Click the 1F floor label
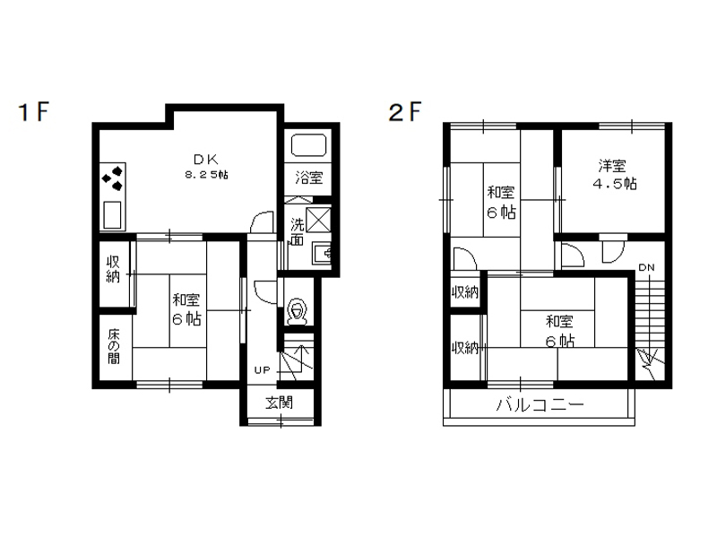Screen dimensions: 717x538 pos(33,112)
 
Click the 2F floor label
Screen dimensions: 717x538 pos(405,112)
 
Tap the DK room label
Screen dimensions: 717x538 pos(206,160)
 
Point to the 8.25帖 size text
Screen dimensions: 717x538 pos(207,174)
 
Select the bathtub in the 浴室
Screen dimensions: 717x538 pos(308,145)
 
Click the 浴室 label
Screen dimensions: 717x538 pos(308,178)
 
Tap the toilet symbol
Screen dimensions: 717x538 pos(298,312)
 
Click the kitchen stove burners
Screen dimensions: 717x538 pos(113,178)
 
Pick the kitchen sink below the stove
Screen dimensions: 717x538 pos(112,214)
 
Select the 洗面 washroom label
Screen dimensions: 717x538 pos(298,232)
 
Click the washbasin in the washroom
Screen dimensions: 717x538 pos(322,253)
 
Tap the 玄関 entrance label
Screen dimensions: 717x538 pos(279,403)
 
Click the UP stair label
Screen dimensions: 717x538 pos(263,369)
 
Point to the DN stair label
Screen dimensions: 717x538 pos(646,267)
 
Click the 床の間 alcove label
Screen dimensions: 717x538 pos(114,346)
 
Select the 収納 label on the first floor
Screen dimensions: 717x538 pos(113,269)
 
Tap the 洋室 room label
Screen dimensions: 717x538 pos(612,165)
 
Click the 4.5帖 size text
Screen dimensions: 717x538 pos(614,184)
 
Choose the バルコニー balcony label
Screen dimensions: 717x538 pos(540,405)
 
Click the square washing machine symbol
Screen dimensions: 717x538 pos(318,220)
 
